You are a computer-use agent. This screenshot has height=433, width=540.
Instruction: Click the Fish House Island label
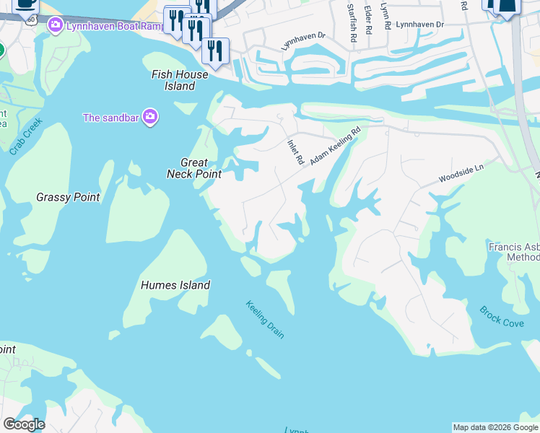click(x=180, y=80)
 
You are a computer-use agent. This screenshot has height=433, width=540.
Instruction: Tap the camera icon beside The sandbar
click(x=149, y=118)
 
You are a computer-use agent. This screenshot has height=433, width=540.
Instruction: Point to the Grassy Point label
click(x=68, y=197)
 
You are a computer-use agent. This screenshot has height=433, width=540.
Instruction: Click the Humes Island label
click(x=176, y=285)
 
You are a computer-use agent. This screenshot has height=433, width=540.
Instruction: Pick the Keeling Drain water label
click(x=264, y=319)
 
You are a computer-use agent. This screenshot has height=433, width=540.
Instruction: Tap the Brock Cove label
click(x=502, y=317)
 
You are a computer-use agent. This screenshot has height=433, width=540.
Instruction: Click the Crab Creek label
click(x=26, y=136)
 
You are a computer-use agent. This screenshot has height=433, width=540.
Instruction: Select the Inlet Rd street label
click(x=295, y=152)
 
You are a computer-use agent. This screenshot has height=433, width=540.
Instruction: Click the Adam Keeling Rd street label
click(x=335, y=146)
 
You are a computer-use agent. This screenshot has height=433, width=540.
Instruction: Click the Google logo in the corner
click(x=24, y=424)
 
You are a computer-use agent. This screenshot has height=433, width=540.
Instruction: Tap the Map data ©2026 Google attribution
click(x=495, y=427)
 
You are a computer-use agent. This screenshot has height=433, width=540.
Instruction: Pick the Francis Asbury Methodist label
click(x=514, y=251)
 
